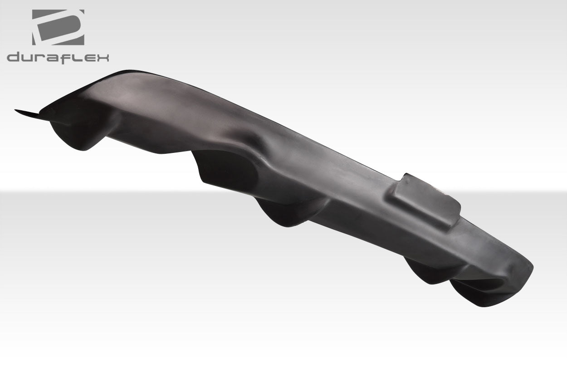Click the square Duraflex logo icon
(x=58, y=27)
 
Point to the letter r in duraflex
(x=39, y=58)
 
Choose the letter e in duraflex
(x=88, y=58)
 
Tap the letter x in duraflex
(x=102, y=58)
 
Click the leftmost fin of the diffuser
(x=75, y=134)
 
